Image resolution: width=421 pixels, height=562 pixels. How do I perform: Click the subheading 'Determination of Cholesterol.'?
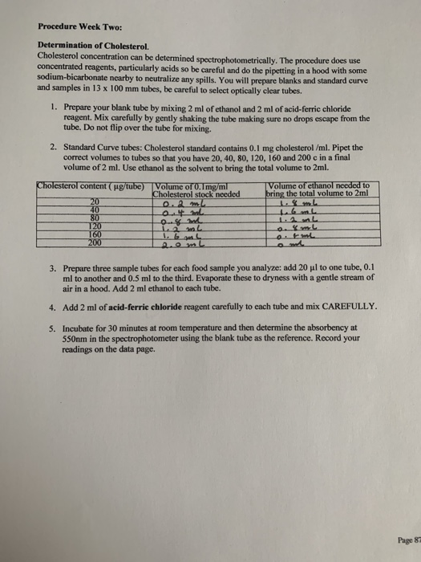click(x=87, y=47)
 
